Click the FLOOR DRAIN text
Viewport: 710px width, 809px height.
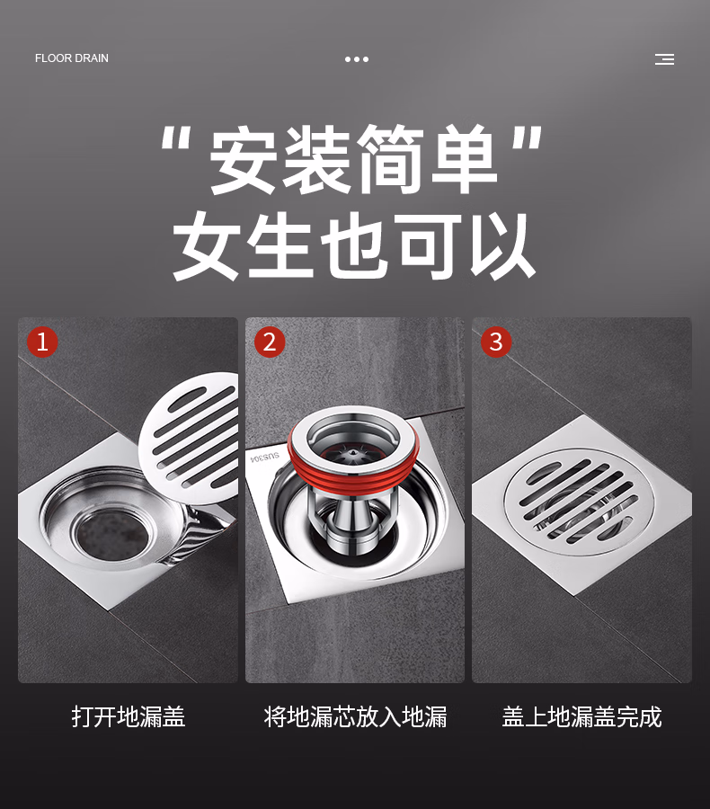pyautogui.click(x=72, y=58)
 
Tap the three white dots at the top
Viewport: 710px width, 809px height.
pyautogui.click(x=357, y=59)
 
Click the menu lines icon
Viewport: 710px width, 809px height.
pyautogui.click(x=664, y=59)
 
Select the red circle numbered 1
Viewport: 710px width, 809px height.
pyautogui.click(x=42, y=342)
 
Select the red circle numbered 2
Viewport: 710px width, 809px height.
pyautogui.click(x=270, y=342)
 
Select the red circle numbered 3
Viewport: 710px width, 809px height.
pyautogui.click(x=496, y=342)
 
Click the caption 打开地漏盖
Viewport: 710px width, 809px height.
pyautogui.click(x=129, y=717)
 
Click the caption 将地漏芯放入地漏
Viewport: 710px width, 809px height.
pyautogui.click(x=356, y=717)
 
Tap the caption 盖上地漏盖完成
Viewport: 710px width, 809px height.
pyautogui.click(x=582, y=717)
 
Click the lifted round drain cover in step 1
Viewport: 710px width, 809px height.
pyautogui.click(x=191, y=438)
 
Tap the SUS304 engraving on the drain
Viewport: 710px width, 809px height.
pyautogui.click(x=265, y=458)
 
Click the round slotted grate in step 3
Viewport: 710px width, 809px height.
pyautogui.click(x=579, y=502)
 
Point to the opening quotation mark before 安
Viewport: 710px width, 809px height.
pyautogui.click(x=176, y=138)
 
